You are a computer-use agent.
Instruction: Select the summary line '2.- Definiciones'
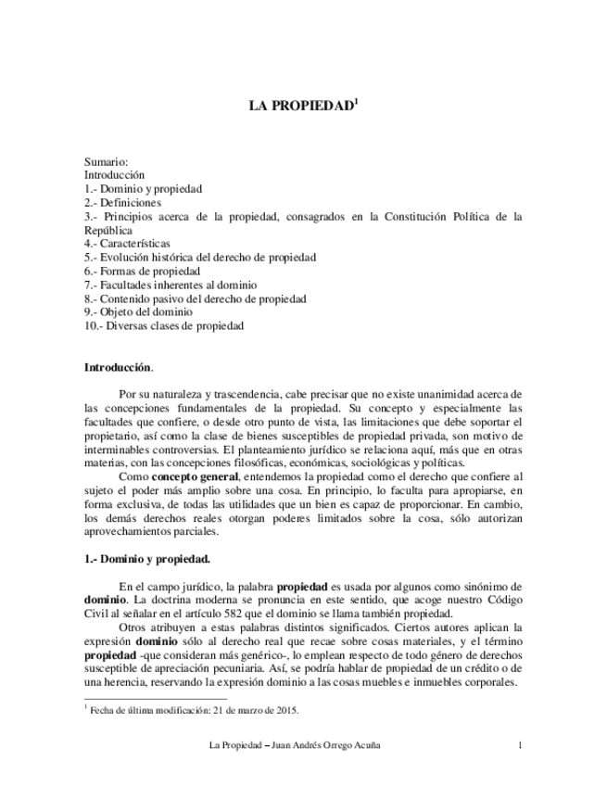point(122,202)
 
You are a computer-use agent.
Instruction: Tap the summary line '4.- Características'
point(127,243)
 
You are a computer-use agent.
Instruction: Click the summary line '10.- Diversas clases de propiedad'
point(164,326)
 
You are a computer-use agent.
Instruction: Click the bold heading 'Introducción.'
point(119,367)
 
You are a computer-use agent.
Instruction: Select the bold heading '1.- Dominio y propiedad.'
point(146,559)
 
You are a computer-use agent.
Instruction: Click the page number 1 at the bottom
point(520,745)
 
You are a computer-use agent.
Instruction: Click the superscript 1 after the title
point(356,101)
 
